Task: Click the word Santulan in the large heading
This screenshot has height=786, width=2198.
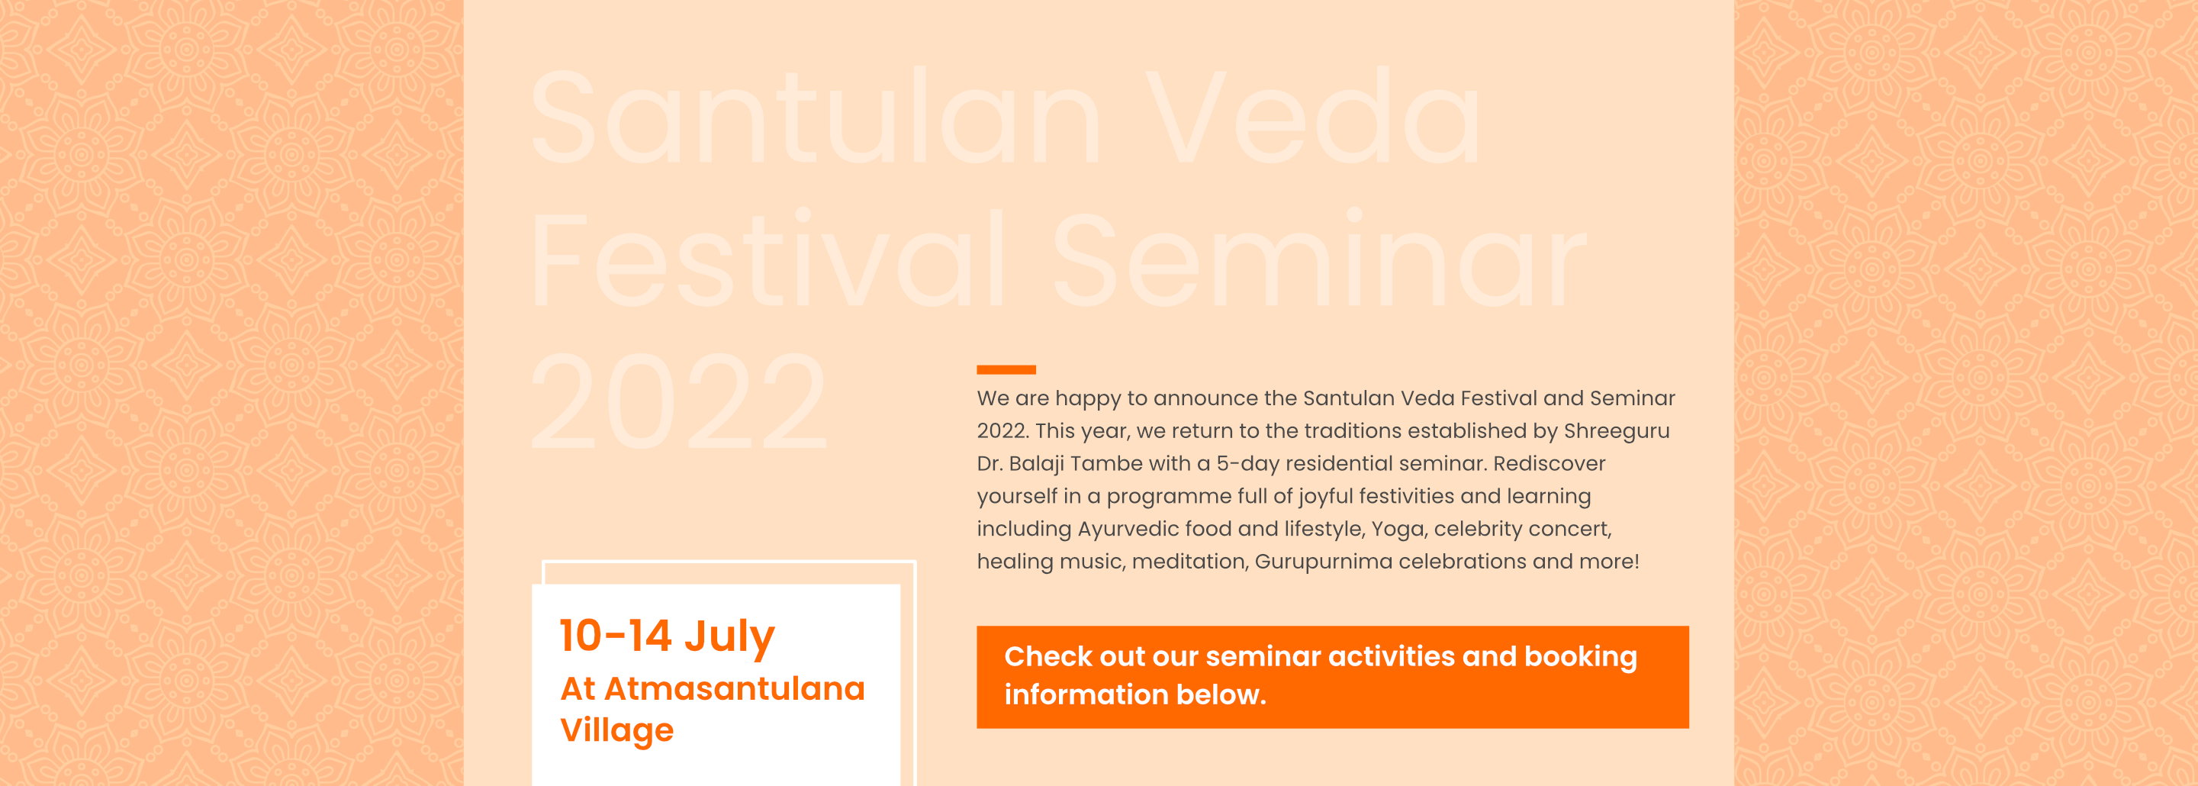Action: pyautogui.click(x=816, y=117)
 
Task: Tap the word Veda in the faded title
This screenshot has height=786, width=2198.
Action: pyautogui.click(x=1313, y=117)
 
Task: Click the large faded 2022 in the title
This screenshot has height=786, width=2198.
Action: pyautogui.click(x=679, y=401)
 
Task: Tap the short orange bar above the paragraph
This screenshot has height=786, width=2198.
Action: pyautogui.click(x=1006, y=369)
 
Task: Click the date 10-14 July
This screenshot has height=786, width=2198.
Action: pyautogui.click(x=668, y=636)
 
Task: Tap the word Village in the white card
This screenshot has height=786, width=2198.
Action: pyautogui.click(x=617, y=730)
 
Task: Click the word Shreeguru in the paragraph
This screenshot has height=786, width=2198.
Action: pyautogui.click(x=1616, y=431)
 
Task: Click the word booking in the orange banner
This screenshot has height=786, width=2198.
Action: pyautogui.click(x=1580, y=657)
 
